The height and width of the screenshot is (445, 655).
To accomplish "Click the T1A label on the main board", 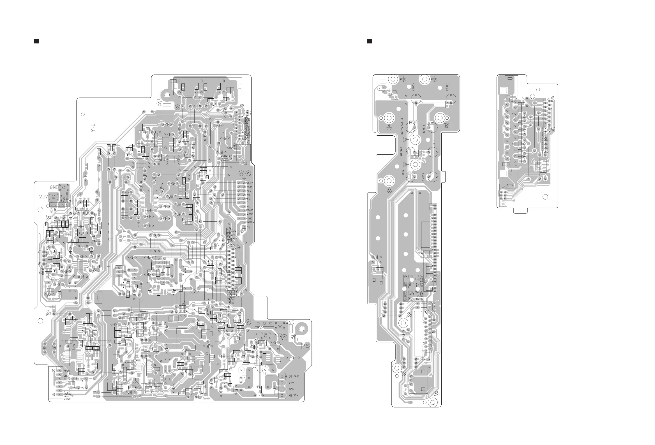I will point(93,128).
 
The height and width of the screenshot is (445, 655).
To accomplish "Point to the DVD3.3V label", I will point(227,156).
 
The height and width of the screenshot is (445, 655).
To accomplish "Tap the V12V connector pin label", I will point(250,187).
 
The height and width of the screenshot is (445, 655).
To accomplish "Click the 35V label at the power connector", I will point(296,395).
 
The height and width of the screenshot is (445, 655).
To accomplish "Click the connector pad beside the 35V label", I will point(282,395).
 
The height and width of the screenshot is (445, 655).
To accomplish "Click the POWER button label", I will point(413,87).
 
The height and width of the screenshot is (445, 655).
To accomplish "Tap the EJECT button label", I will point(447,87).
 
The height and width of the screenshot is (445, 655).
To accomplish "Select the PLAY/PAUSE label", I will point(402,126).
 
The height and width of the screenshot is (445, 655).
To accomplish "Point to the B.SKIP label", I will point(424,129).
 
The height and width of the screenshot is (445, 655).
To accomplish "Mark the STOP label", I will point(434,143).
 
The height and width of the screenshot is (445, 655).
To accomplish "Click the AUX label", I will point(403,172).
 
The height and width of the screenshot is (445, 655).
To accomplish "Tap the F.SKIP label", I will point(423,178).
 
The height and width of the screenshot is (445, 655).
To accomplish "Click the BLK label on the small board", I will point(544,128).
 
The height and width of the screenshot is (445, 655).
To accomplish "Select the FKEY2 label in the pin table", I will point(408,277).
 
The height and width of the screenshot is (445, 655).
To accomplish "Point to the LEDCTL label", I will point(409,283).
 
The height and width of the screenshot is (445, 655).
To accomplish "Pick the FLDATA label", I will point(409,294).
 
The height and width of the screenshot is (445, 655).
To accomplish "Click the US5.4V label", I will point(409,300).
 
